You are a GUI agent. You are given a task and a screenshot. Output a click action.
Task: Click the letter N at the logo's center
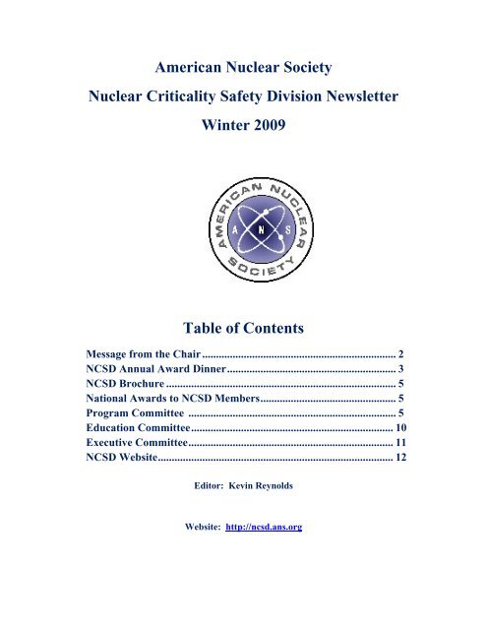tap(243, 223)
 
